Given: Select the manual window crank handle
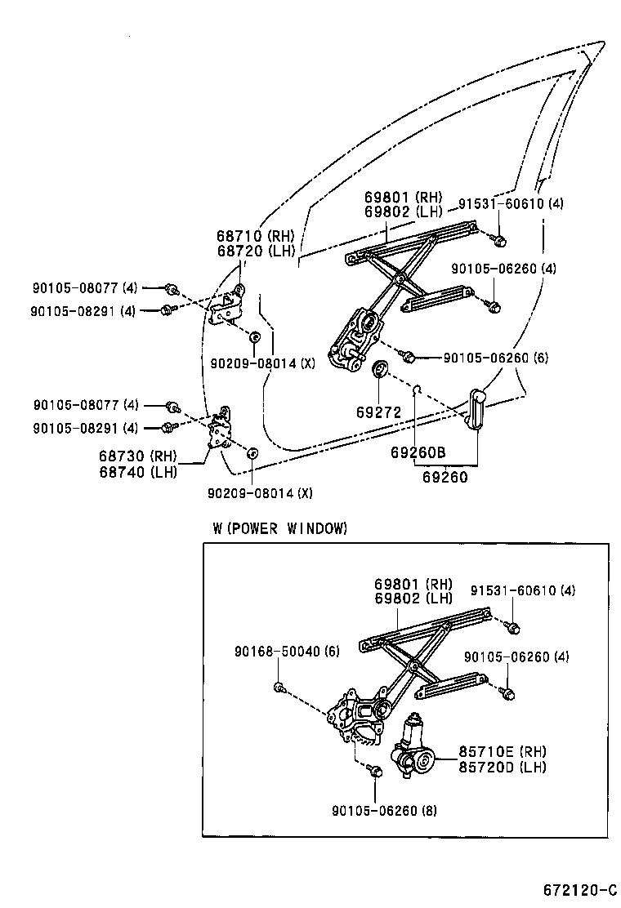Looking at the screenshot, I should coord(477,408).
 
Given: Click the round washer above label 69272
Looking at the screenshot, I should coord(380,370).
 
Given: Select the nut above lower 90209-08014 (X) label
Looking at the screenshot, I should coord(252,452).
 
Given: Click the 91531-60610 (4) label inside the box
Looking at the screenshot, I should coord(523,590).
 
